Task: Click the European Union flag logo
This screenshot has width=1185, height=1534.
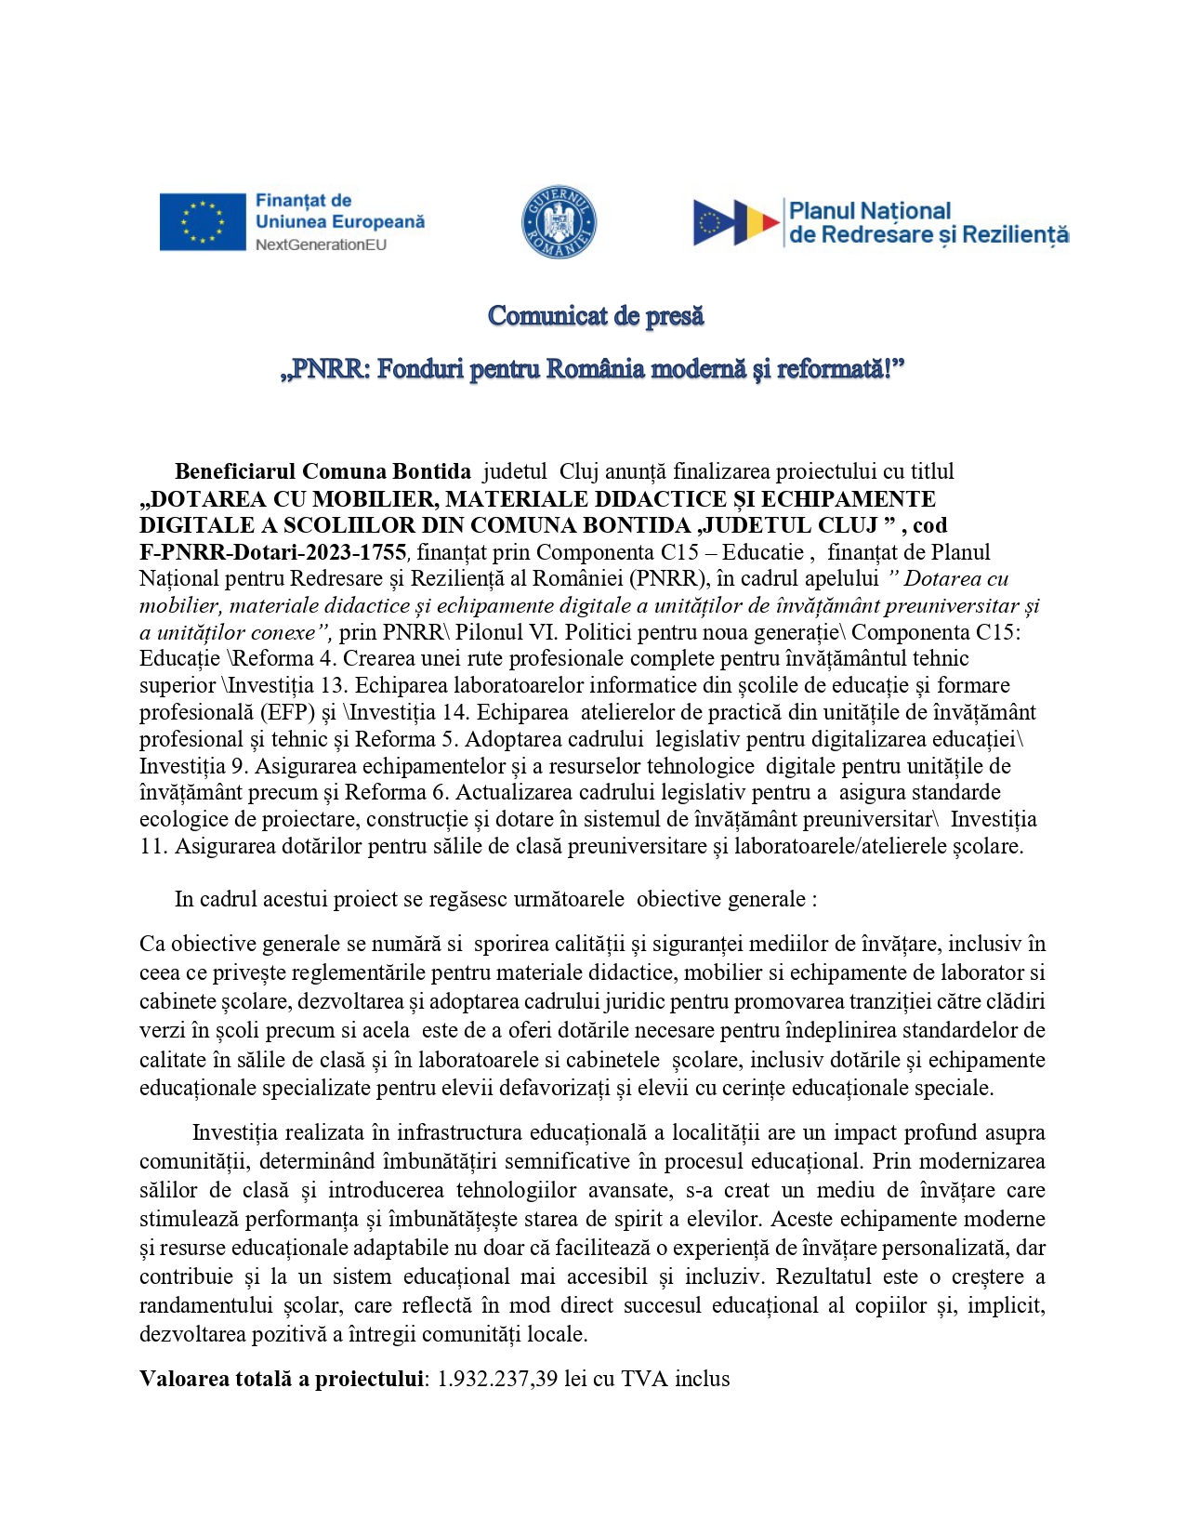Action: (203, 221)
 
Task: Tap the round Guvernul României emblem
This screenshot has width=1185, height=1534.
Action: (558, 222)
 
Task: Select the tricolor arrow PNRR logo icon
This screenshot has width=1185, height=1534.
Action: (735, 222)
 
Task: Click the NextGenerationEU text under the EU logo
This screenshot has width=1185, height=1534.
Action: (321, 245)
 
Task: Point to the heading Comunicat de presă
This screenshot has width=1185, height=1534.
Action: (596, 316)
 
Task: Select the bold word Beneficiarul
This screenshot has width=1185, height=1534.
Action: (235, 471)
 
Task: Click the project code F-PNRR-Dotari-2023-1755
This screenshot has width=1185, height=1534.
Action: (272, 552)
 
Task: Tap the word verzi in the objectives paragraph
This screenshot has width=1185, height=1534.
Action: (162, 1030)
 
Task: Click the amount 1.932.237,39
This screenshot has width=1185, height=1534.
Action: (497, 1379)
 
